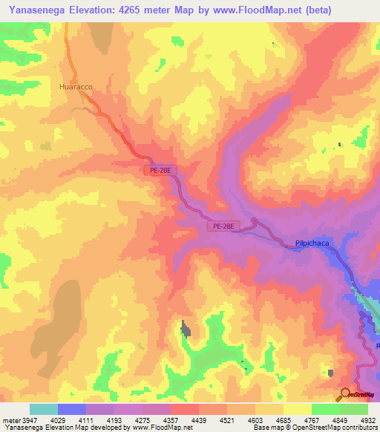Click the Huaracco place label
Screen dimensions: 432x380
[x=76, y=87]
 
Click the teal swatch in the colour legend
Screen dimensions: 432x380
[x=44, y=409]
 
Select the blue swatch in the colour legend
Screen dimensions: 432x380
[x=72, y=409]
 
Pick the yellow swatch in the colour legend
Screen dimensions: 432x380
[x=297, y=409]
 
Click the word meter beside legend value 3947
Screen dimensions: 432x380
[x=11, y=421]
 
